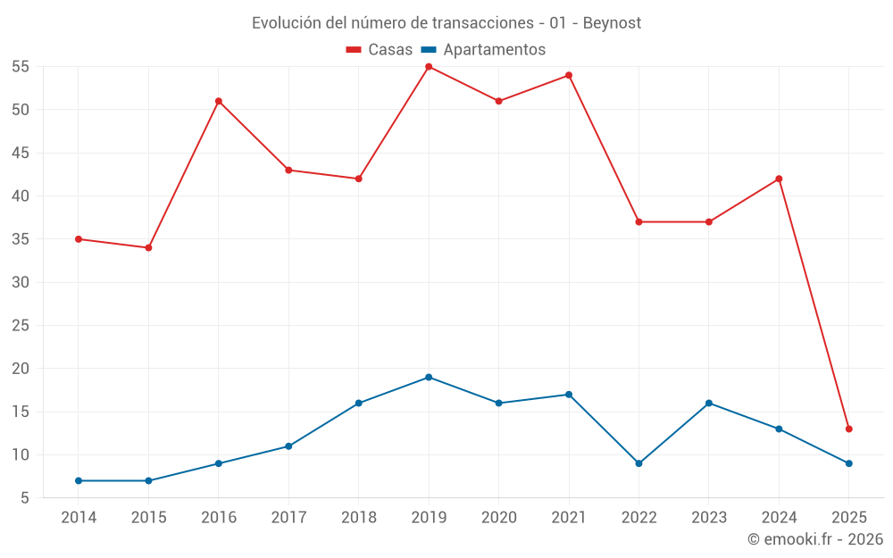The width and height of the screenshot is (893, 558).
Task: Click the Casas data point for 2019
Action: (x=429, y=67)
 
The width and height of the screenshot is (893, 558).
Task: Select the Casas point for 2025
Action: (x=849, y=429)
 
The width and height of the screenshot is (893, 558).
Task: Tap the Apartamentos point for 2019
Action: (x=429, y=377)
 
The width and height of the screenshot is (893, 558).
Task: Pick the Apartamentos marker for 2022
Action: (x=638, y=463)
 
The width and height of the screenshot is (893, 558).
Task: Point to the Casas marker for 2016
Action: (x=219, y=101)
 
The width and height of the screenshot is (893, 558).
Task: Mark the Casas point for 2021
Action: (x=569, y=75)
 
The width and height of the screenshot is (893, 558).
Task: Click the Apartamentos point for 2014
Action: (x=79, y=480)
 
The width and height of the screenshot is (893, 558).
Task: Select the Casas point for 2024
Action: (x=779, y=179)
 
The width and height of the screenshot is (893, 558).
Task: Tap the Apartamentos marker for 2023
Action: (x=709, y=403)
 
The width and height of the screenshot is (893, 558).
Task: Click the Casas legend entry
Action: (x=380, y=50)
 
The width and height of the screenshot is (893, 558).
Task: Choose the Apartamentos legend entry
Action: (x=483, y=50)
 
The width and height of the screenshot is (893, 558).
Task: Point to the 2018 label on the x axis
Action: (x=358, y=517)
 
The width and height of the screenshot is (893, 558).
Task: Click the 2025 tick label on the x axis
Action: (x=849, y=517)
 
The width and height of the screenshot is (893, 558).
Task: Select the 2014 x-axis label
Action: (x=79, y=517)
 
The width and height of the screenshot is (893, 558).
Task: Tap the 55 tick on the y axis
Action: (x=21, y=67)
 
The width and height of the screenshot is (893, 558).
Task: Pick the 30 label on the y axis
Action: (x=21, y=282)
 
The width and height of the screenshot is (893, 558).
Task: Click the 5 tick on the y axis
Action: (x=25, y=498)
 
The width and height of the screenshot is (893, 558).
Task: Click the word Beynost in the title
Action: (x=612, y=23)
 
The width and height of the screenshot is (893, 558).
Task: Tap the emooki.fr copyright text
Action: (x=815, y=539)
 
